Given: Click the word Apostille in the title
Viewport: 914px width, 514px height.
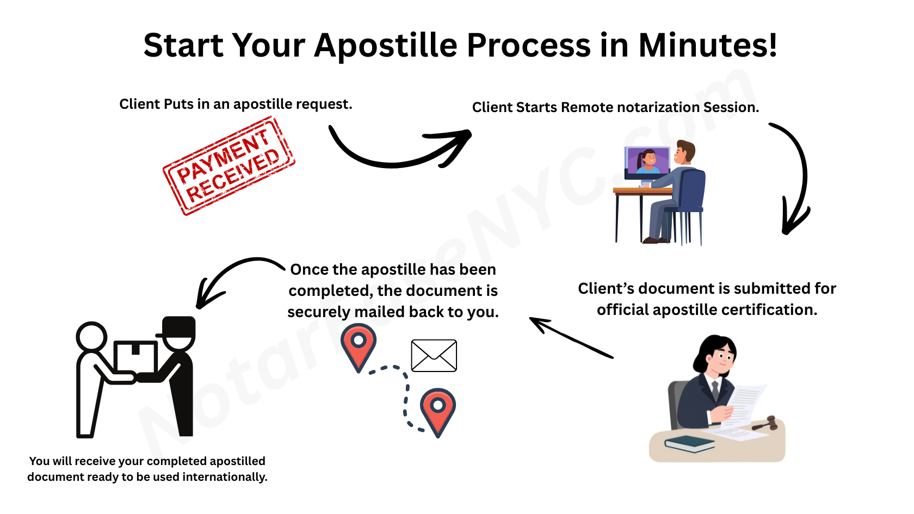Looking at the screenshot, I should click(385, 45).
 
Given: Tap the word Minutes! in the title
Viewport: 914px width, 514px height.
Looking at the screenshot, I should click(707, 45).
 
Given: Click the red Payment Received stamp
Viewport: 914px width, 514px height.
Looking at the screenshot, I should click(229, 166).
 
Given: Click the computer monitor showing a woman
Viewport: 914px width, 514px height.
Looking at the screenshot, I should click(647, 162).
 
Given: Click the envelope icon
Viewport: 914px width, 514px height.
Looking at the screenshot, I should click(434, 356).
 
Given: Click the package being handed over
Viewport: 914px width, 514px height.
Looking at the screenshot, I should click(135, 356).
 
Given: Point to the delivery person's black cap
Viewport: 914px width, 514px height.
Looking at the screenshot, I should click(178, 326).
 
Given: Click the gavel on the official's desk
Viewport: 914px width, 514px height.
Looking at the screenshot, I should click(765, 424).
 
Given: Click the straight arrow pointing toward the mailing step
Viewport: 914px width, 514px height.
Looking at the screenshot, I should click(571, 338).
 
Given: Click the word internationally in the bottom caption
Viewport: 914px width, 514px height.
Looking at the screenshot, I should click(225, 477).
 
